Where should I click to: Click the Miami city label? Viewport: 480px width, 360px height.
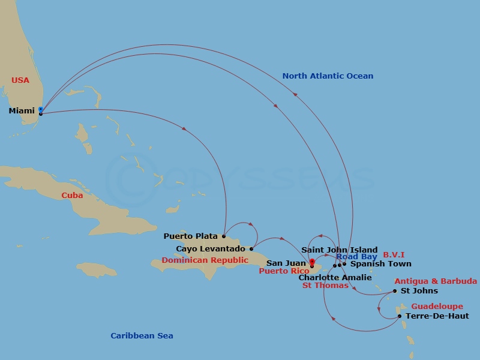pos(22,111)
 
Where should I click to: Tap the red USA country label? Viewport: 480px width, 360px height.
pos(20,80)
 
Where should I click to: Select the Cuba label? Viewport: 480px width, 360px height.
pos(72,196)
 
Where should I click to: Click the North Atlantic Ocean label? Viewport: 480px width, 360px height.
pos(328,76)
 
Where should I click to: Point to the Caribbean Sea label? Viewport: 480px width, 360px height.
pos(142,336)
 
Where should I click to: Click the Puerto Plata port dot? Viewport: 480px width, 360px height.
pos(224,236)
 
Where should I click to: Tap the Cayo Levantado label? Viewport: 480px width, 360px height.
pos(210,249)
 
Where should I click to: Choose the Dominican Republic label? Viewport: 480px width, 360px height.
pos(205,260)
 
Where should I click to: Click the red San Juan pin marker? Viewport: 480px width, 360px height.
pos(312,262)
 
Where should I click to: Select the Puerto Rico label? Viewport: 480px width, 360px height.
pos(284,271)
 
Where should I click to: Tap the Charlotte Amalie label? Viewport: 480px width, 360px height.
pos(335,278)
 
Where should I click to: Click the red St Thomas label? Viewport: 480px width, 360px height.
pos(325,286)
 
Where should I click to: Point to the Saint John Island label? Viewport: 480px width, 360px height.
pos(339,250)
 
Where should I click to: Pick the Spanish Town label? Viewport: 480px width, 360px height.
pos(381,264)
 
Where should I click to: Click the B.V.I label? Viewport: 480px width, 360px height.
pos(394,255)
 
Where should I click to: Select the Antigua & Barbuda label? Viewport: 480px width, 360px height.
pos(436,281)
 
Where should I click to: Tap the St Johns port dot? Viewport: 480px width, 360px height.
pos(395,292)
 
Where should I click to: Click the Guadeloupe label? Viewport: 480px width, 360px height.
pos(437,307)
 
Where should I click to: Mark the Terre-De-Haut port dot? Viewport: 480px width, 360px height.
pos(400,316)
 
